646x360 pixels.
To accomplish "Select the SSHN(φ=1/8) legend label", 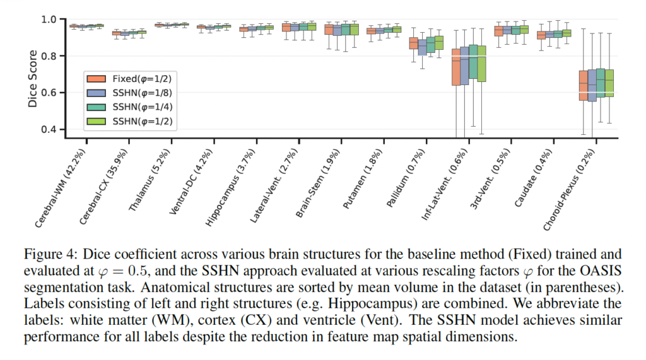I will click(139, 93).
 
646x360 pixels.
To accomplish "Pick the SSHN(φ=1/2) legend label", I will click(139, 120).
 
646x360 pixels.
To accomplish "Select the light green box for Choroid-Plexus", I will click(609, 83).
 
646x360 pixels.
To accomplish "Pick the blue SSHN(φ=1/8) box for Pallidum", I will click(422, 46).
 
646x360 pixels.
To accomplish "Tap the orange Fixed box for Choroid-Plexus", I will click(583, 86).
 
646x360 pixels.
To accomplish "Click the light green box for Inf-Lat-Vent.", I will click(482, 64).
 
